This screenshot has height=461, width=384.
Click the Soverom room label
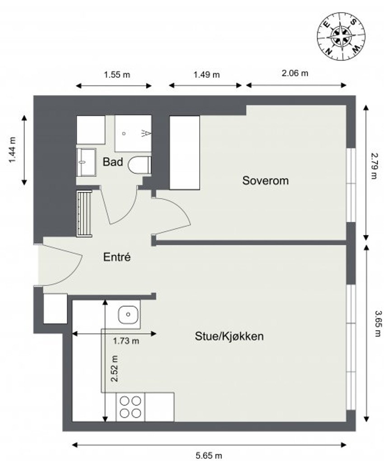[265, 181]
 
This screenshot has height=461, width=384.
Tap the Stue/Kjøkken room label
[229, 336]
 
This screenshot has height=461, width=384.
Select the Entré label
[117, 258]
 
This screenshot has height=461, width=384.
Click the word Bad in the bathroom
[112, 162]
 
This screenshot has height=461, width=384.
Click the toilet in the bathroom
[139, 165]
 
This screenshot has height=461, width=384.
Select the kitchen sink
[129, 313]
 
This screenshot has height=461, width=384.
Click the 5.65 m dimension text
[209, 455]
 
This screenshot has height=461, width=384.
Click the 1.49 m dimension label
[206, 75]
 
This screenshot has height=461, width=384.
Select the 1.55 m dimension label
[117, 75]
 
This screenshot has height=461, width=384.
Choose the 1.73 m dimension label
[126, 341]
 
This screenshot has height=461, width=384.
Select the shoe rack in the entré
[84, 213]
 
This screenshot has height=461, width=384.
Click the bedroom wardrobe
[184, 152]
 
